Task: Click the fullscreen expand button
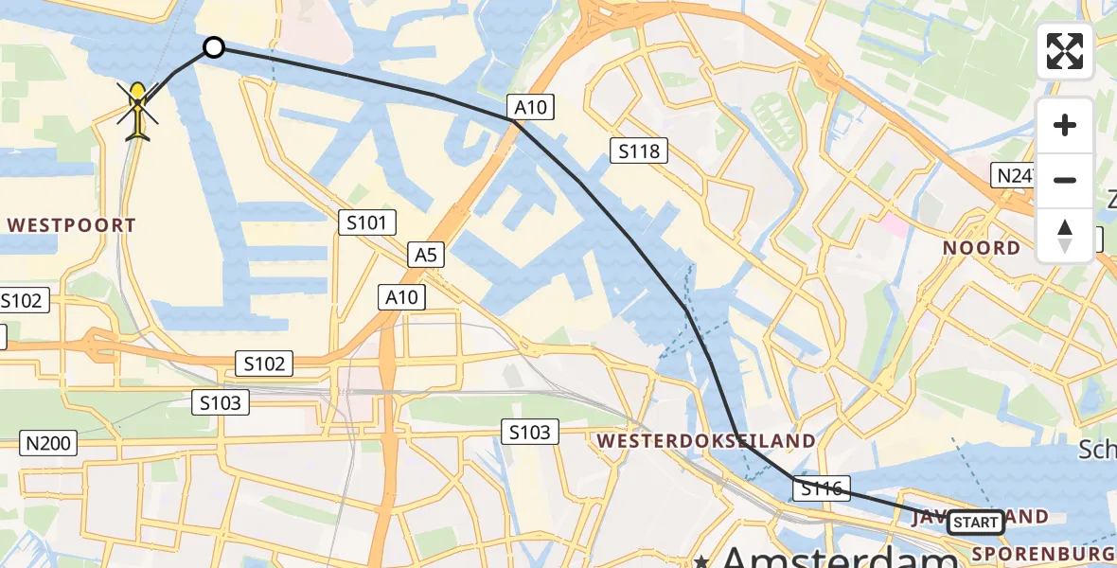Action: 1065,51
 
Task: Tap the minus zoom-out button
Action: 1065,180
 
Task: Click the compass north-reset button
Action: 1065,236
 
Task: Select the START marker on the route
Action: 975,522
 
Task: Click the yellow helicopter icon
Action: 138,112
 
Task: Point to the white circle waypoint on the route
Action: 214,47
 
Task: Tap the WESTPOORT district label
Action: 72,225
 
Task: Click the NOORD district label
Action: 982,248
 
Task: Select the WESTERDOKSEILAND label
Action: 705,440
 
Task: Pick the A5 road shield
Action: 425,254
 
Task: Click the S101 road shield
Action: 367,223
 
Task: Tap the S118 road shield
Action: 640,150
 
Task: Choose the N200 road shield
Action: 48,441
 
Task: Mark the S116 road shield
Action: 822,488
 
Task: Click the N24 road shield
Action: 1014,174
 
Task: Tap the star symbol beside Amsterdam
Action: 700,559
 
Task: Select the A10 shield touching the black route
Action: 530,107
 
